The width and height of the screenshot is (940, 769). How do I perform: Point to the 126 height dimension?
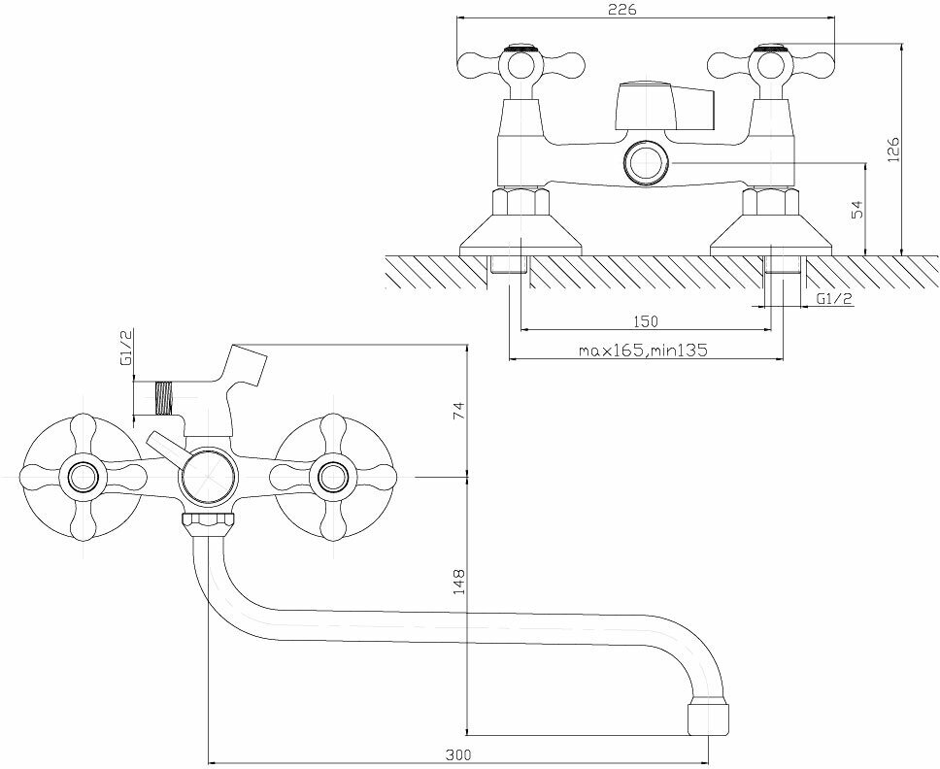pos(894,150)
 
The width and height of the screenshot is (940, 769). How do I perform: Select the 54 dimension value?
pos(856,211)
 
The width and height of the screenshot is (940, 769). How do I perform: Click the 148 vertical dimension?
pos(458,581)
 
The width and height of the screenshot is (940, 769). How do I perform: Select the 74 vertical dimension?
pos(458,410)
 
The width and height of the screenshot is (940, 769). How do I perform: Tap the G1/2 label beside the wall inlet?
pos(834,299)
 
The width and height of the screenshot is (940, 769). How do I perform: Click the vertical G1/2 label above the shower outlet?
pos(125,349)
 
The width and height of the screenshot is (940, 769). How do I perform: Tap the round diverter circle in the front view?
pos(207,477)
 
